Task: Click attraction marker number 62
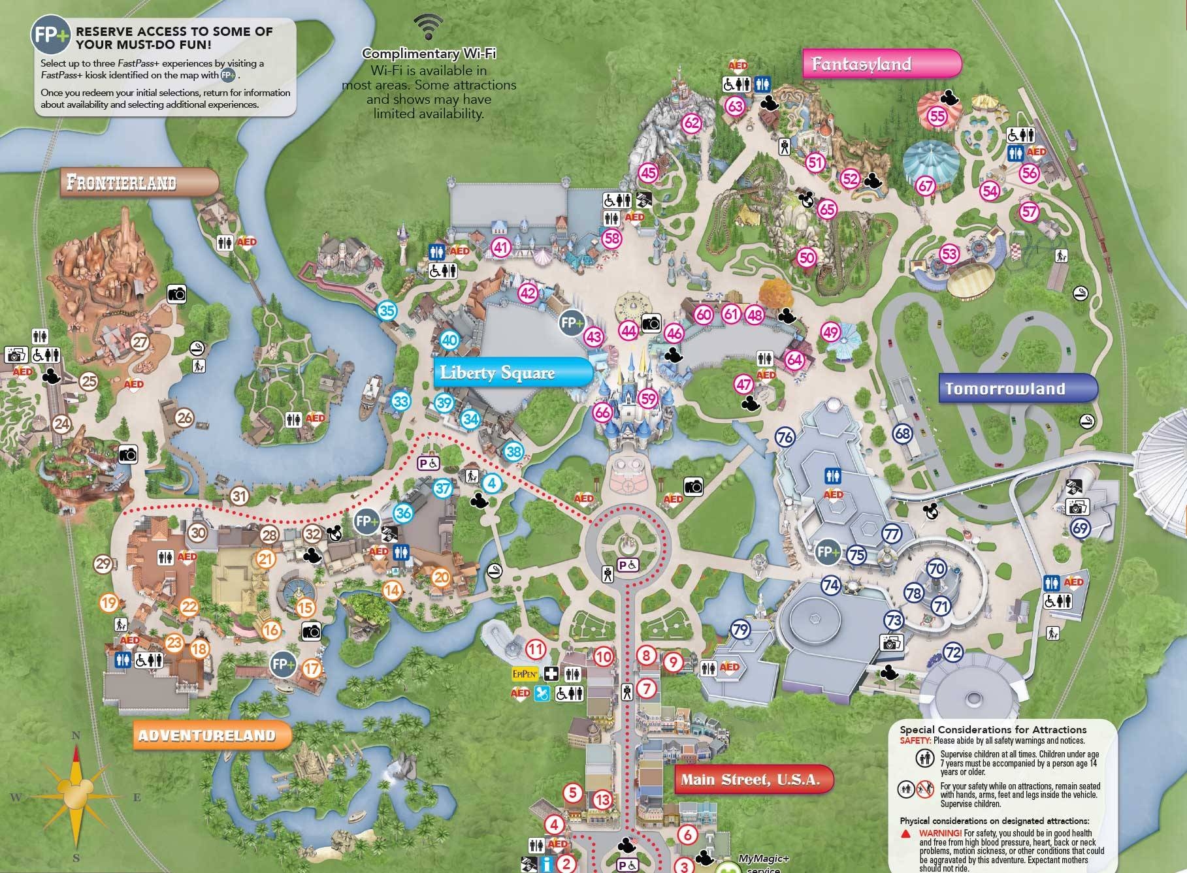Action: click(691, 123)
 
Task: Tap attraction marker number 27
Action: click(140, 341)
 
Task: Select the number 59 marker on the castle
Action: click(647, 398)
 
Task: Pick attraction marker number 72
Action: click(954, 652)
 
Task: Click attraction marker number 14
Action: click(392, 591)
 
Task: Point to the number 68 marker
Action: click(903, 434)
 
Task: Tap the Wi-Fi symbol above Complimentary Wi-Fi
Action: click(429, 27)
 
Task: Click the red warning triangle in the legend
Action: click(906, 834)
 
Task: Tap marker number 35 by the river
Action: click(387, 311)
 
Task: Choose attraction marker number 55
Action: click(937, 116)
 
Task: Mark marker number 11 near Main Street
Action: click(536, 649)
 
